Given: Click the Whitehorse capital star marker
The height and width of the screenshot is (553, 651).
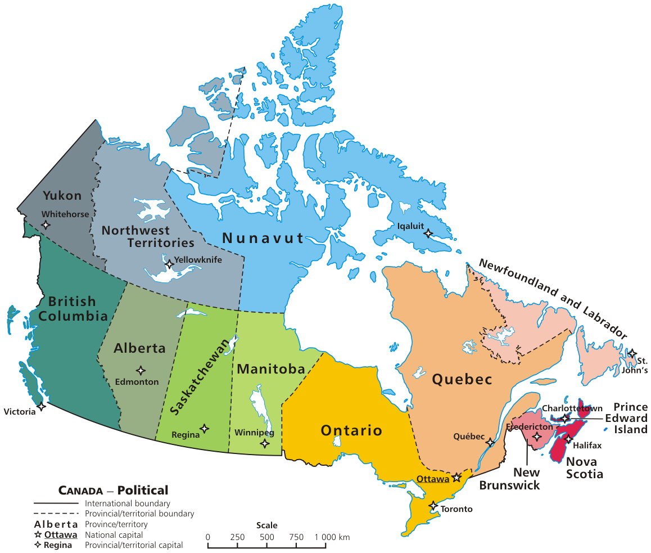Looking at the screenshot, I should (x=46, y=224).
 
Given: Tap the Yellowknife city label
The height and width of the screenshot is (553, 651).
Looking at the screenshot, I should (x=198, y=260).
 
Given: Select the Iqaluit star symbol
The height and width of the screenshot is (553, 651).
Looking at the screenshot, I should (x=428, y=232).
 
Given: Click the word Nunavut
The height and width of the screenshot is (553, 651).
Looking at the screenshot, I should (x=263, y=238).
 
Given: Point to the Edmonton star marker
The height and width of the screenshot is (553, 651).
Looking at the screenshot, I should (x=141, y=370).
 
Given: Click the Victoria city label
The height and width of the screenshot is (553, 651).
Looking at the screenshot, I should (x=19, y=412).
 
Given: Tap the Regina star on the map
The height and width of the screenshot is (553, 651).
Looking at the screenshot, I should (x=205, y=429).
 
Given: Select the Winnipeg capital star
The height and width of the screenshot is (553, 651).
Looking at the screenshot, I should (x=265, y=443).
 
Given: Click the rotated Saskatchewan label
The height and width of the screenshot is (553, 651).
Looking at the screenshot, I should (x=202, y=377).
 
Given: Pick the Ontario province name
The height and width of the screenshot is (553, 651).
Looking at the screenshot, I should (x=351, y=431).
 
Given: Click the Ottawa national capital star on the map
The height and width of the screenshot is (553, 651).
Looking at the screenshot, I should (x=456, y=478).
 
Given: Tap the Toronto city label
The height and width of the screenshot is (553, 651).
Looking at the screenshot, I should (x=457, y=509).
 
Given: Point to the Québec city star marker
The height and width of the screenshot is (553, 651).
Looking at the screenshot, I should (x=490, y=442).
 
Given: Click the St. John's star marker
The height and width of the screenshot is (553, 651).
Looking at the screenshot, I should (x=632, y=354).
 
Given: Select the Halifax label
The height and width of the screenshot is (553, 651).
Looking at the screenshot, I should (x=587, y=446).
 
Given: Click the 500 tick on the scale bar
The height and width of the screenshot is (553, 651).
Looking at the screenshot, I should (x=267, y=537).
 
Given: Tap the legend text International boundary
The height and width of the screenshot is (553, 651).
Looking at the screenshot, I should (x=128, y=504).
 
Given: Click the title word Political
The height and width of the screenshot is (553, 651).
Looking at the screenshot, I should (x=143, y=490).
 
